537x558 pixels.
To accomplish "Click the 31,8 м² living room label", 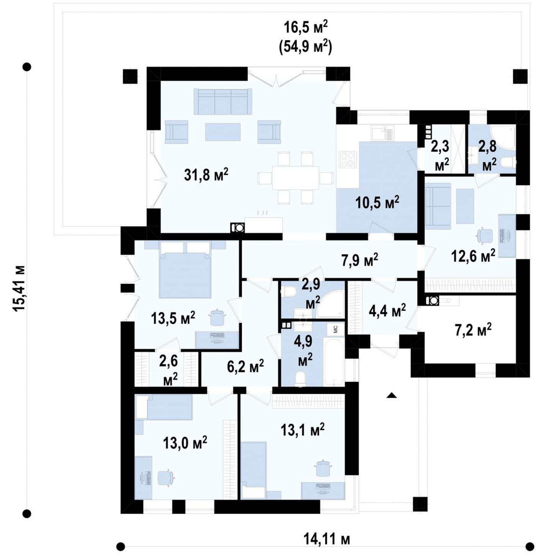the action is click(x=206, y=175).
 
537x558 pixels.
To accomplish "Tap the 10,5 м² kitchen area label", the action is click(x=377, y=203).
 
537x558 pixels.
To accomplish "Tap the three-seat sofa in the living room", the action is click(x=222, y=101).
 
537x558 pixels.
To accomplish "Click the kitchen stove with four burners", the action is click(x=348, y=160).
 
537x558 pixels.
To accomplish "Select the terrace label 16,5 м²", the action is click(x=306, y=29).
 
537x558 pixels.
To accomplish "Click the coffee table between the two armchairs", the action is click(x=223, y=132).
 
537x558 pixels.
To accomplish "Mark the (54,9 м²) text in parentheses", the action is click(x=305, y=47).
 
